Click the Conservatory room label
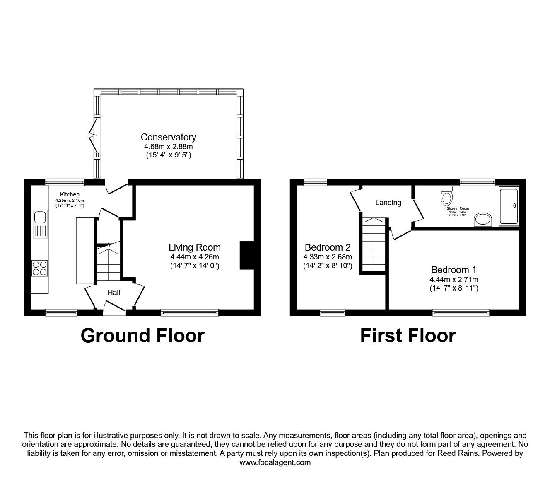168,137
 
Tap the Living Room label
194,247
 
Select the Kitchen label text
70,194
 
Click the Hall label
113,293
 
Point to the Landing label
388,203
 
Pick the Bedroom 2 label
327,247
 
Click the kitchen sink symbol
41,217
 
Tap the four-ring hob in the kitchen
40,268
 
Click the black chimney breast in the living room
247,256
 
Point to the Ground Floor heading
142,335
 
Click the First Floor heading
408,335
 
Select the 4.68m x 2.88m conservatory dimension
168,147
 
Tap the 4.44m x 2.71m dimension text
454,279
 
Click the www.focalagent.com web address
275,462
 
